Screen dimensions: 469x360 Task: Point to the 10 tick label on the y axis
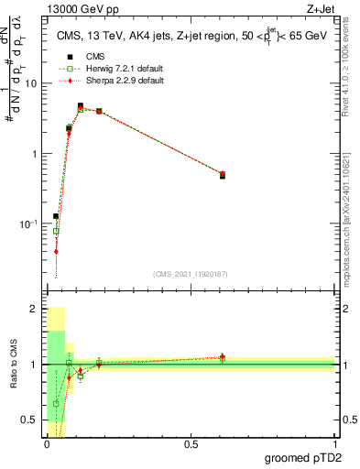click(30, 83)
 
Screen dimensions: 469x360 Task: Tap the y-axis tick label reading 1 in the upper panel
click(34, 154)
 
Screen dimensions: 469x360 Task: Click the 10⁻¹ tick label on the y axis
click(28, 224)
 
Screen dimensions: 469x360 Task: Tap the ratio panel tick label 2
click(34, 310)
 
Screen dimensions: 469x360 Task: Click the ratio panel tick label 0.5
click(28, 420)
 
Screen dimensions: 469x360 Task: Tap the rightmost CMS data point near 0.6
click(223, 176)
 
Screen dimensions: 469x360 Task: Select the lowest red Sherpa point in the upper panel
click(56, 251)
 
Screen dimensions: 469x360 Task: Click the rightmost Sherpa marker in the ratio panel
click(223, 356)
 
